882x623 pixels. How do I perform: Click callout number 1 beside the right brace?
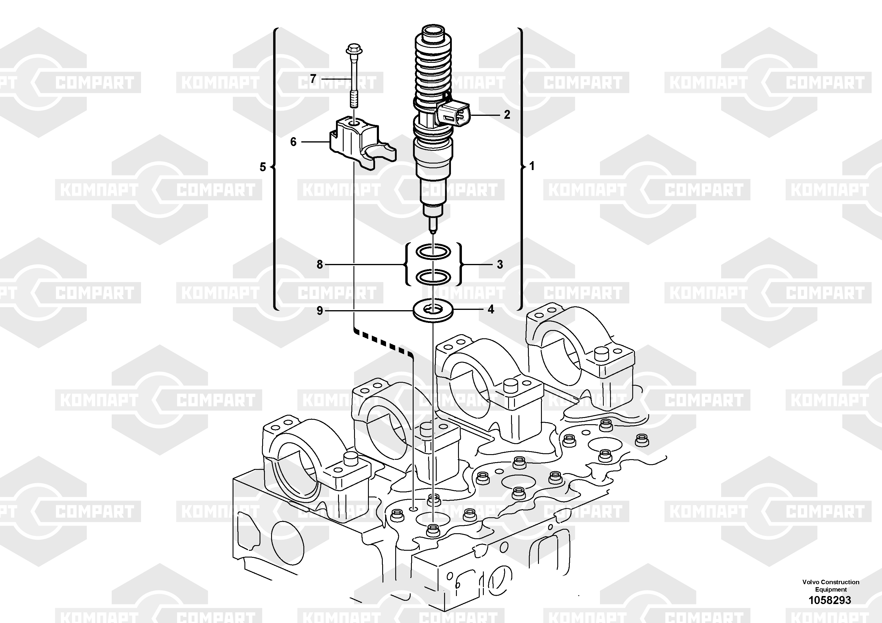(532, 166)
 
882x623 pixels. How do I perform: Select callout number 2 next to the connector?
(507, 114)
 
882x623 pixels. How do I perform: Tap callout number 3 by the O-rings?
(500, 265)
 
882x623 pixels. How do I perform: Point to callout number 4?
(491, 309)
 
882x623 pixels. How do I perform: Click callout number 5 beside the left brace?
(263, 167)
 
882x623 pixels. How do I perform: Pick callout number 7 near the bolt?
(313, 79)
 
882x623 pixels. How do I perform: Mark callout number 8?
(320, 265)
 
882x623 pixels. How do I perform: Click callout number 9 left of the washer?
(320, 310)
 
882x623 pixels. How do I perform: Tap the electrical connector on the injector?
(453, 114)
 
